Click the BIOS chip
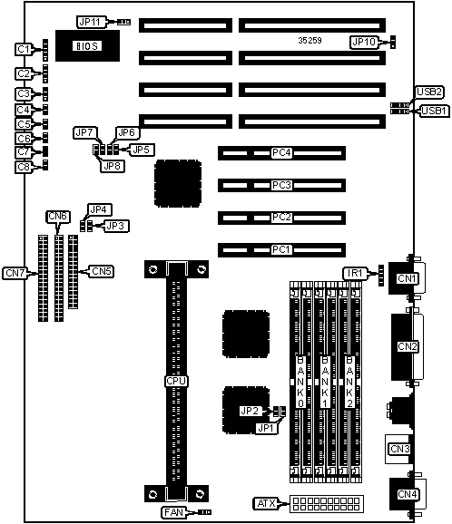pos(87,46)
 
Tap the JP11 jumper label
pos(91,22)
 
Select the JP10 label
pos(364,42)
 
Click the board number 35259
pos(310,41)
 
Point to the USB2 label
pos(429,92)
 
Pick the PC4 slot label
pos(281,152)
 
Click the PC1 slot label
pos(281,249)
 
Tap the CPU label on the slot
pos(176,382)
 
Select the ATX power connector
pos(326,504)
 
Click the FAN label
pos(173,512)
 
